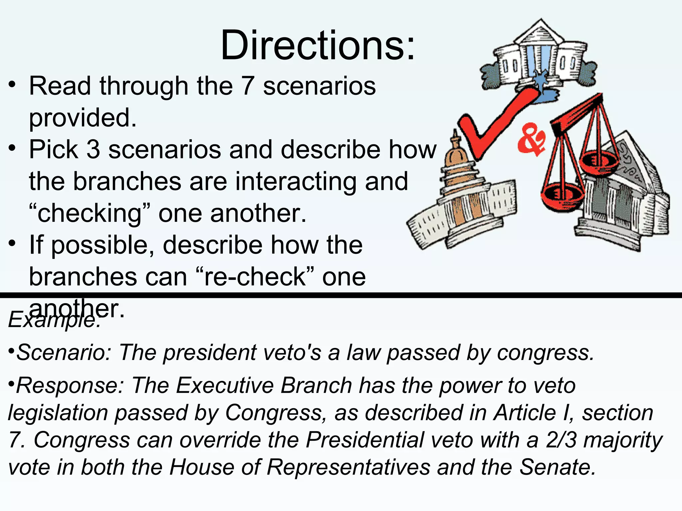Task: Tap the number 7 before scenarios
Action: click(x=247, y=86)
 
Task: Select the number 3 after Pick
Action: click(x=93, y=149)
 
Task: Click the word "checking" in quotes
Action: click(x=90, y=213)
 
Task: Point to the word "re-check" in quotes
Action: click(x=255, y=277)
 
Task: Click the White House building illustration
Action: click(x=539, y=57)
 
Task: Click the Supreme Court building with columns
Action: click(x=619, y=200)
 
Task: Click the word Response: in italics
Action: click(x=69, y=386)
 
